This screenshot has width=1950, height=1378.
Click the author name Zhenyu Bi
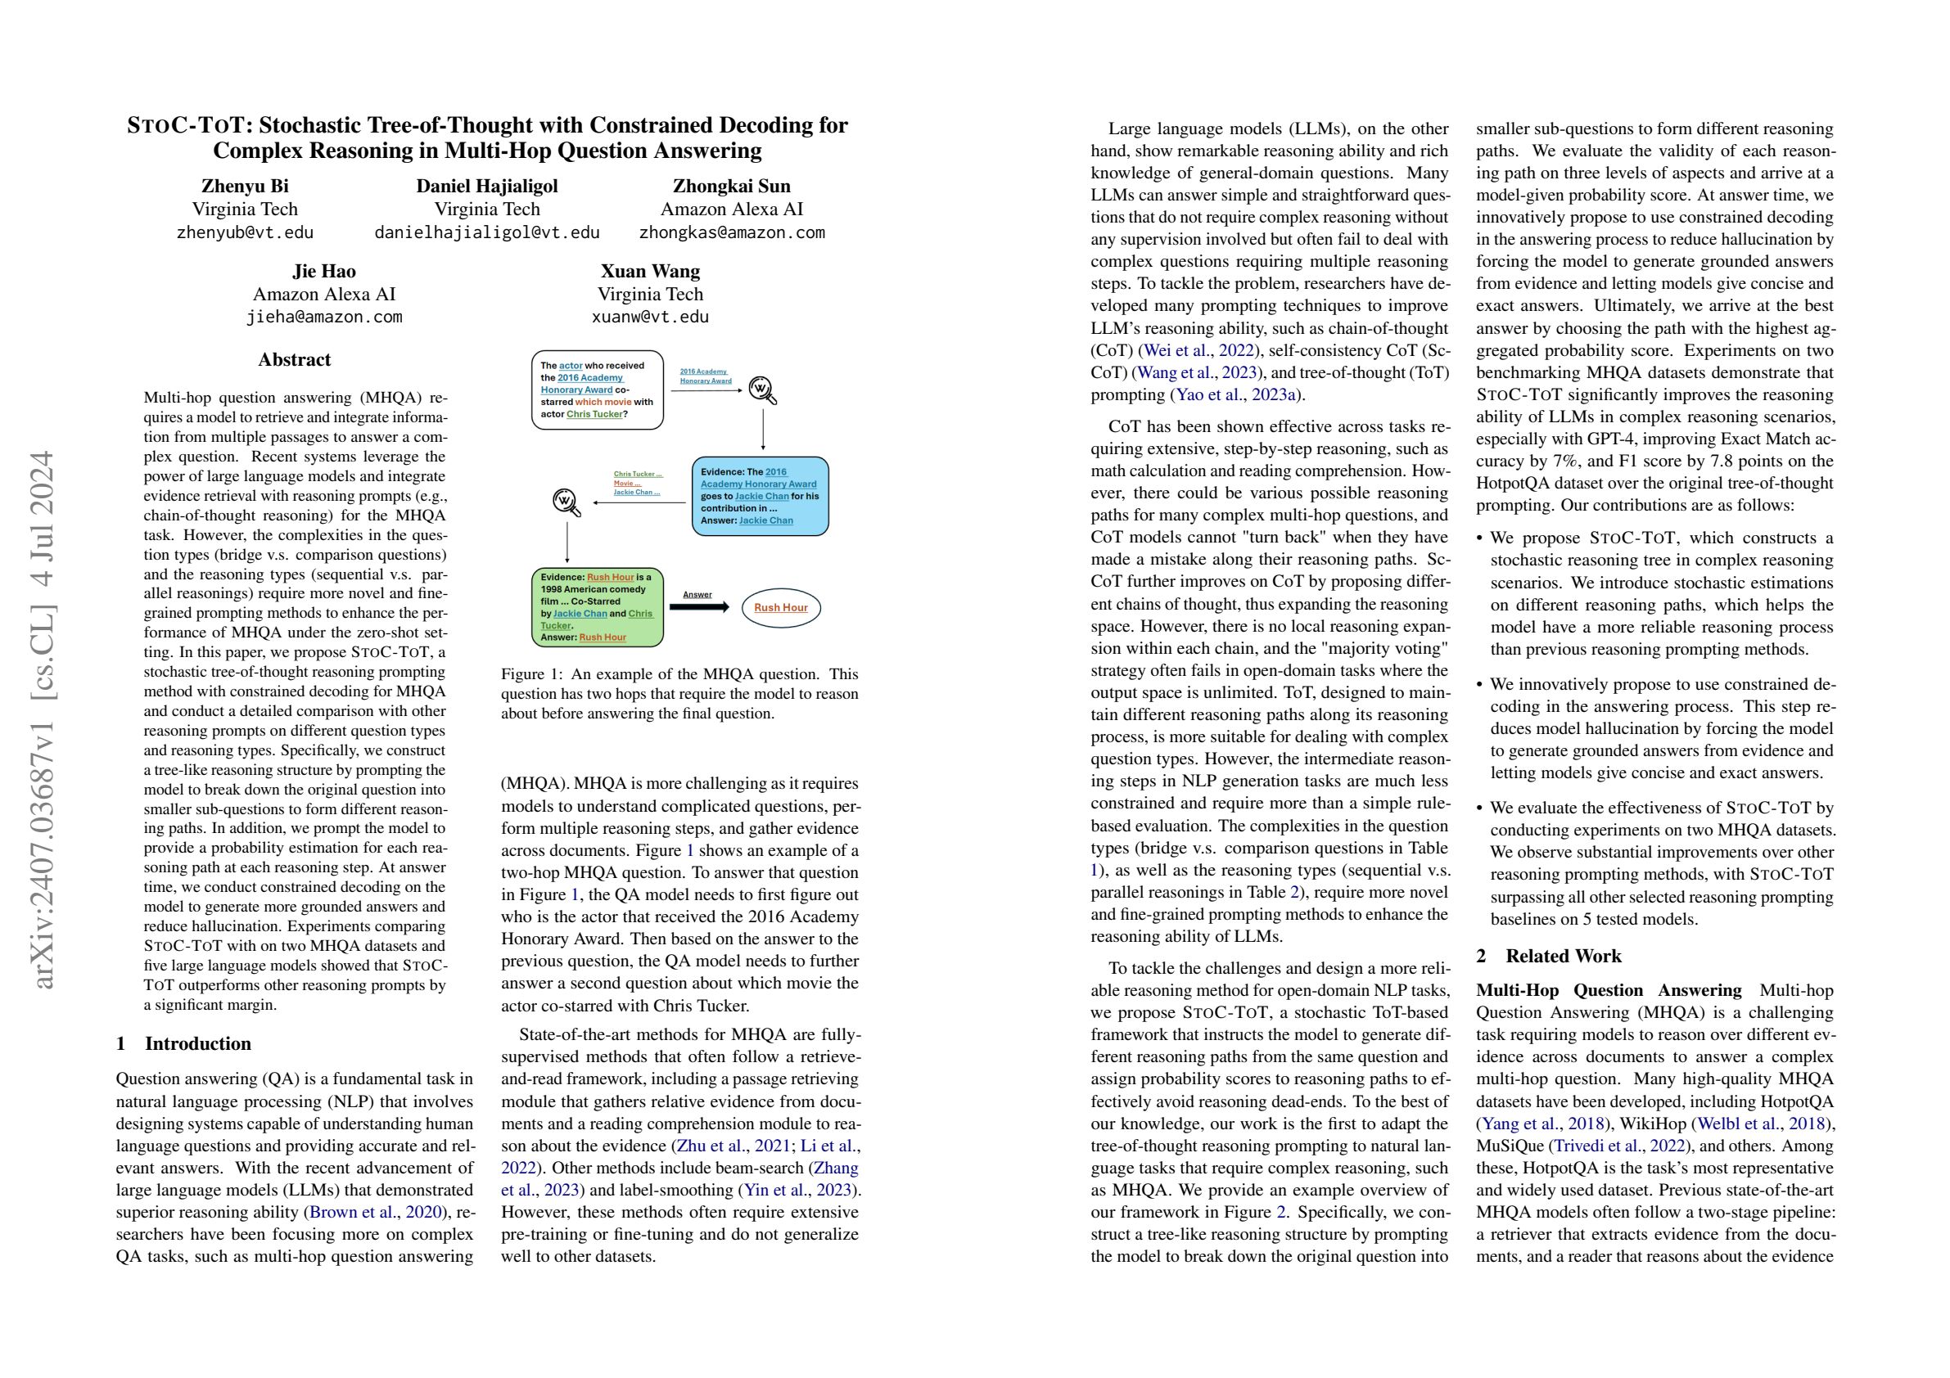[x=245, y=186]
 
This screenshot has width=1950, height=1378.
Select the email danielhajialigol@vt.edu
[x=486, y=232]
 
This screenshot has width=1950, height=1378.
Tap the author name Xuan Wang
[x=650, y=272]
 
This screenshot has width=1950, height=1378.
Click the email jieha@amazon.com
[x=323, y=317]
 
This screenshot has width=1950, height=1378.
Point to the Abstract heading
[x=294, y=360]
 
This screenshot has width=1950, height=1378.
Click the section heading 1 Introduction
[x=183, y=1043]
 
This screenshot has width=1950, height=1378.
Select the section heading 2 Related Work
[x=1548, y=956]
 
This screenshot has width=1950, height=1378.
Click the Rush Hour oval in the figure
[x=780, y=607]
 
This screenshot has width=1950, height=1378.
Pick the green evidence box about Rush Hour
[x=596, y=607]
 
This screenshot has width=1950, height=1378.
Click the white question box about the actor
[x=598, y=390]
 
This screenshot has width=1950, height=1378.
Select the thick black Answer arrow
[x=699, y=607]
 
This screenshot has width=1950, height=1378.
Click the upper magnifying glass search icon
[x=763, y=390]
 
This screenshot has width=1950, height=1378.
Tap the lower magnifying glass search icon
[x=566, y=502]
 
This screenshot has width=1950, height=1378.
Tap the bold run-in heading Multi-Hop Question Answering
[x=1609, y=991]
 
